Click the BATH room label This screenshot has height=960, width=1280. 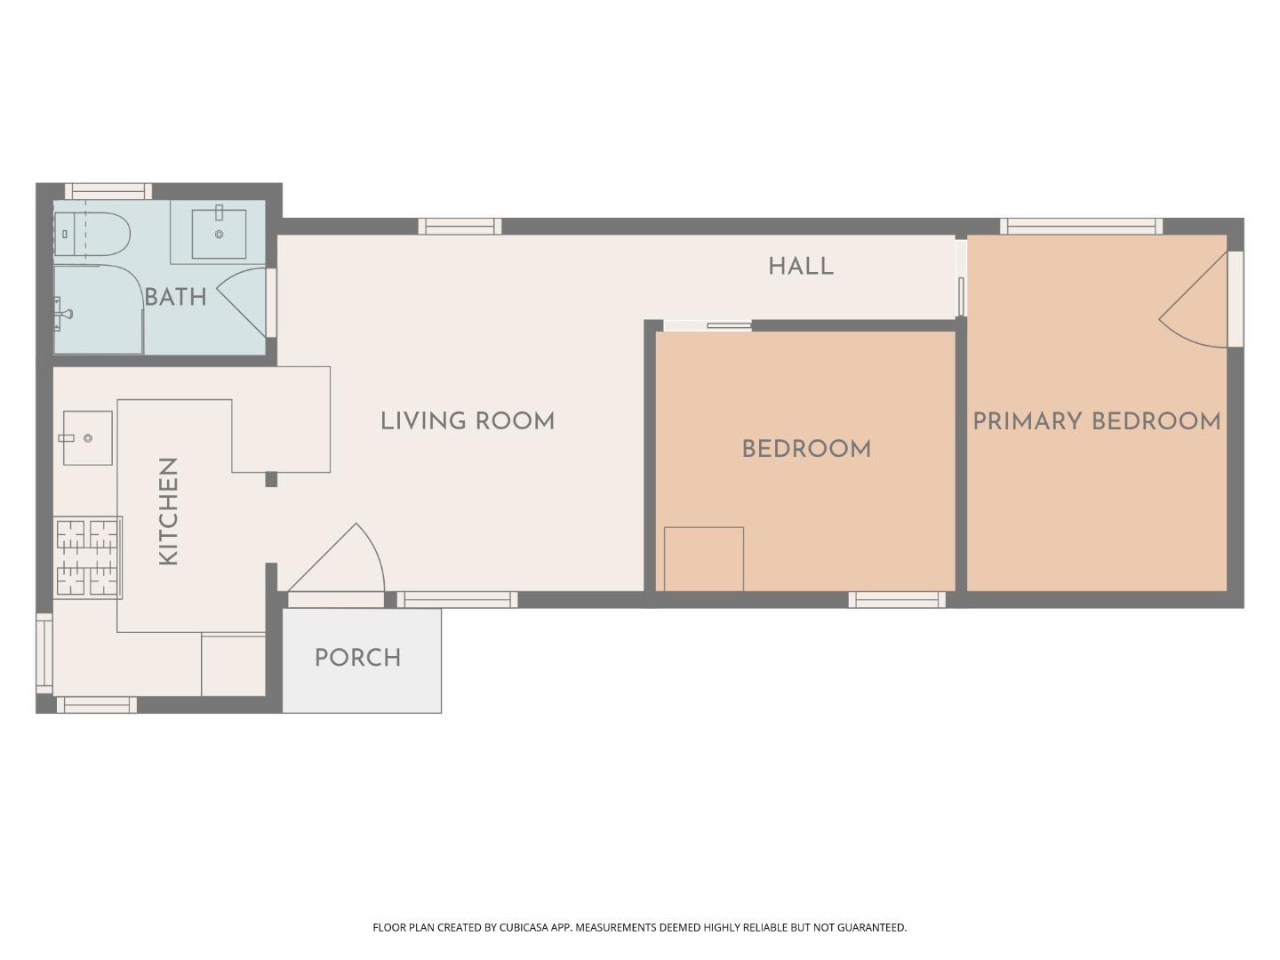[175, 297]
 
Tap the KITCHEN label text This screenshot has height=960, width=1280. [168, 511]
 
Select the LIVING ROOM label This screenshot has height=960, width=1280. [467, 421]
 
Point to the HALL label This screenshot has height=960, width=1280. [800, 267]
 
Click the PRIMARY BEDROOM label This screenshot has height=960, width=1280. [1096, 421]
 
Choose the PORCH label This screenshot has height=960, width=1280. [357, 658]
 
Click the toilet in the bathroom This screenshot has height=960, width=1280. [92, 235]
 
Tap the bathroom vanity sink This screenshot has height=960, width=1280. [219, 233]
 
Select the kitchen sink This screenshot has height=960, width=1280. [87, 438]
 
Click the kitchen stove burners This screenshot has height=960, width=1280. [87, 556]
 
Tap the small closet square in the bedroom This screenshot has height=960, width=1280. [703, 558]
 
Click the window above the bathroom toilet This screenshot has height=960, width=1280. [108, 191]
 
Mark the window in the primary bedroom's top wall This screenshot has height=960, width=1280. [1081, 226]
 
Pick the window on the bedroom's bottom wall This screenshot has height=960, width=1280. [897, 600]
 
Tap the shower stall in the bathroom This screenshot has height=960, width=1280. [97, 310]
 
